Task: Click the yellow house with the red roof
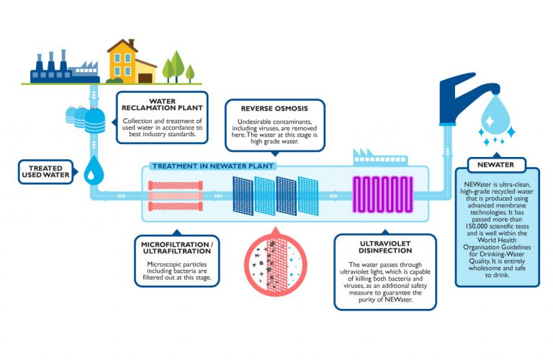coord(130,63)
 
